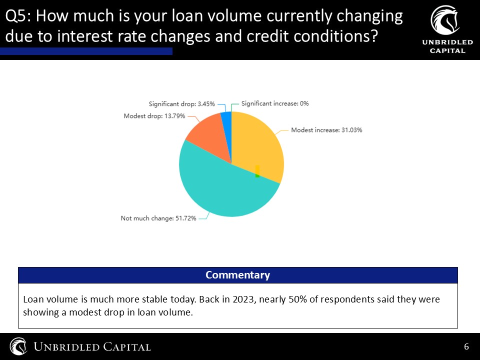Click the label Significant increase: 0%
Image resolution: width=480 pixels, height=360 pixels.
click(x=275, y=103)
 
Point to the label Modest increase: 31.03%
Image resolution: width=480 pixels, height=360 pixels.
click(x=326, y=130)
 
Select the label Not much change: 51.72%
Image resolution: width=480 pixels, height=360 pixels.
click(x=158, y=218)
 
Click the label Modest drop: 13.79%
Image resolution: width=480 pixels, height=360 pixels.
click(x=154, y=116)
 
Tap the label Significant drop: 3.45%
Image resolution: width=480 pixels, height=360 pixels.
click(x=182, y=104)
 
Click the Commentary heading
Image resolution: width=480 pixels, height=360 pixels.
click(x=237, y=275)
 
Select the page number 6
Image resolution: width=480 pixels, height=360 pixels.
click(x=466, y=346)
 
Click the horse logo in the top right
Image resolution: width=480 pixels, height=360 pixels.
click(x=445, y=20)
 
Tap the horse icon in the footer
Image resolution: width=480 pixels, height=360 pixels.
click(x=18, y=346)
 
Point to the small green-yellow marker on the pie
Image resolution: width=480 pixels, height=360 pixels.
click(x=257, y=171)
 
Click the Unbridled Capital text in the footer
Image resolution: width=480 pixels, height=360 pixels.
click(x=92, y=347)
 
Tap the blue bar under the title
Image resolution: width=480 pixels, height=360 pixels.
click(x=86, y=51)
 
